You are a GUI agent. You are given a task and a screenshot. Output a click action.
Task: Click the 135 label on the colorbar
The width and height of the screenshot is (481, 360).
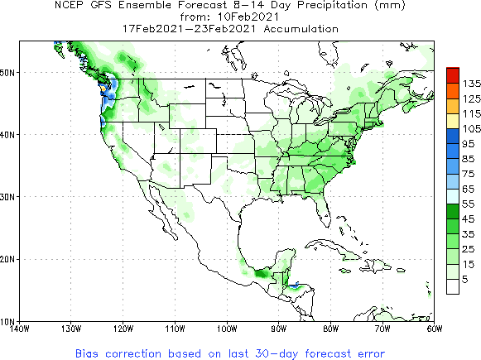[469, 84]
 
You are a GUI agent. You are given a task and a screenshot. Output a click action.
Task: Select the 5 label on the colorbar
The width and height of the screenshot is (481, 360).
[466, 280]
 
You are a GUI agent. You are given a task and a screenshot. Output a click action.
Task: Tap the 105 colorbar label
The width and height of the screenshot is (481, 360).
[469, 128]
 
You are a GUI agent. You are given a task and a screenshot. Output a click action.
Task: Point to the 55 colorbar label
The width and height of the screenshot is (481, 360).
[468, 204]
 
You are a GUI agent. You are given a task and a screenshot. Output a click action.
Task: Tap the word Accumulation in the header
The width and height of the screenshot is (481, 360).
[299, 27]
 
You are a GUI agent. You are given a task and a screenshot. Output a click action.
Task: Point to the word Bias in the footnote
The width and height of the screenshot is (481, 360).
[89, 352]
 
